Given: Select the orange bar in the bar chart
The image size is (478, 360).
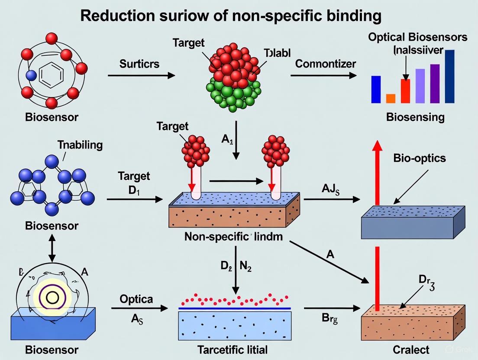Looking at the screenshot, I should tap(391, 98).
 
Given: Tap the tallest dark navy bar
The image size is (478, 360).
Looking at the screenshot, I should tap(449, 77).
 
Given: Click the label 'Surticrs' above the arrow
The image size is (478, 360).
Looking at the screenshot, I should tap(139, 64).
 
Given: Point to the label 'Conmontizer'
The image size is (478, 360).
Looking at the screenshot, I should tap(325, 64).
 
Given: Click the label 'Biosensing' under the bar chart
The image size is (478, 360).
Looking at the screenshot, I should tap(415, 117).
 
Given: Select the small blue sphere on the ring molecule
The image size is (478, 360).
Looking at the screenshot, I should tap(30, 75).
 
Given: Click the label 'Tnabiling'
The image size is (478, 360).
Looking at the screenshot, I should tap(80, 145).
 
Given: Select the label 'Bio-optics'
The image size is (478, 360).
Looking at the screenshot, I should tap(419, 158).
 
